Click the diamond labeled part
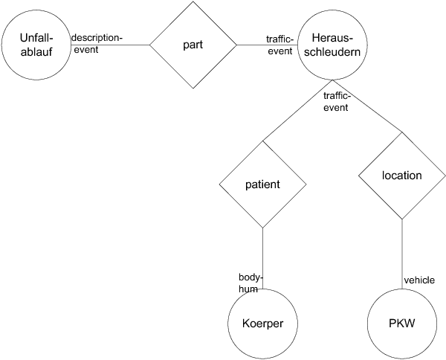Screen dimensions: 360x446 (x=193, y=45)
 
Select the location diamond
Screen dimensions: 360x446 (x=401, y=176)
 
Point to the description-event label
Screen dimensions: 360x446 (x=97, y=43)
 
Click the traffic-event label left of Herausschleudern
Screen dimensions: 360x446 (x=280, y=44)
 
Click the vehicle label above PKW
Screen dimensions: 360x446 (x=418, y=280)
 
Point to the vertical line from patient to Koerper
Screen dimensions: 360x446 (x=263, y=253)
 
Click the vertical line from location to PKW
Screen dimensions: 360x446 (x=401, y=253)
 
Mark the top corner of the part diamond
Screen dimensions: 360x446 (x=193, y=2)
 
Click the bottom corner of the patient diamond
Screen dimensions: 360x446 (x=263, y=227)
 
